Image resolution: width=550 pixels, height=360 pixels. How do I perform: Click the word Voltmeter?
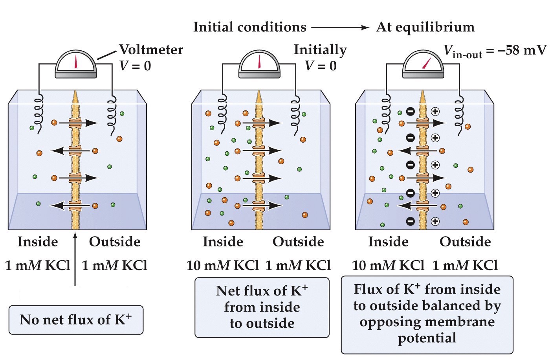click(151, 50)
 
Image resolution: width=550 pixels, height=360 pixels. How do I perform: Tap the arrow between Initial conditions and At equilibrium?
click(340, 28)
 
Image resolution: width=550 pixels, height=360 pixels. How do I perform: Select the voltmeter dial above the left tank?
click(76, 64)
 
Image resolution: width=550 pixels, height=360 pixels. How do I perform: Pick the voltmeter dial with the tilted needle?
click(423, 64)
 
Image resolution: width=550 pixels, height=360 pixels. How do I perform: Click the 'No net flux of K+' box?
click(76, 320)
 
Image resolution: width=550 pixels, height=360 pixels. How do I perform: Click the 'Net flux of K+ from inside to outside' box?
click(262, 307)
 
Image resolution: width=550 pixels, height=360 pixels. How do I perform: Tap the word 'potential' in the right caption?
click(427, 338)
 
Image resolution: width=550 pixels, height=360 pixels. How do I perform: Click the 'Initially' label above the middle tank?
click(320, 50)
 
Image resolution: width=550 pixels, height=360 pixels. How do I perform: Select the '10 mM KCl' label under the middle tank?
click(223, 266)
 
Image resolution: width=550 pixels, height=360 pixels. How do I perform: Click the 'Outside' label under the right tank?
click(465, 241)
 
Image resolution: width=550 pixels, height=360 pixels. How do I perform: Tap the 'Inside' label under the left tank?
click(38, 241)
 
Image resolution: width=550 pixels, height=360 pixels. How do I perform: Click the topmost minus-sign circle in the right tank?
click(410, 112)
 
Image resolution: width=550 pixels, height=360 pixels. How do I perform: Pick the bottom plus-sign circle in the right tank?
click(435, 221)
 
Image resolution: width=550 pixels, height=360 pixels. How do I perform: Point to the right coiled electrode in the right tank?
click(458, 112)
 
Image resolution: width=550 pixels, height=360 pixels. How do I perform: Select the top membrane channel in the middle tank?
click(259, 123)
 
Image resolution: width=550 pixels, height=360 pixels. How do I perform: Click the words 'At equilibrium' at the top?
click(425, 27)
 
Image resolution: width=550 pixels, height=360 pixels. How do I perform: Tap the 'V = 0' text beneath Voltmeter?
click(135, 66)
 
